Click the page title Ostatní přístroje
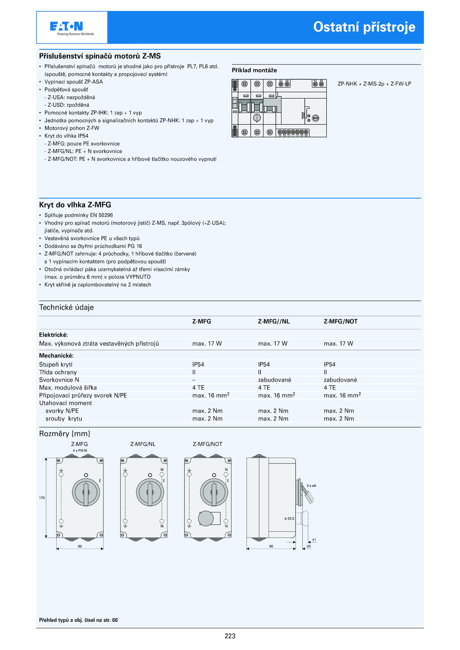click(x=364, y=27)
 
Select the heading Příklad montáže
click(x=254, y=70)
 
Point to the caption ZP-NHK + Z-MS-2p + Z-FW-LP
click(x=374, y=84)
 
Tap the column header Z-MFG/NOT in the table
click(x=340, y=321)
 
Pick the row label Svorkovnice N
click(x=59, y=380)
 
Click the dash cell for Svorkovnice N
click(x=194, y=380)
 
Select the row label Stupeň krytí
click(x=56, y=364)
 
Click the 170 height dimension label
click(x=42, y=498)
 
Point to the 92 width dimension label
click(x=80, y=546)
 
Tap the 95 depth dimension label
click(x=271, y=546)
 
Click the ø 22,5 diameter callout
click(x=289, y=518)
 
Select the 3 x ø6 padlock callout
click(x=311, y=486)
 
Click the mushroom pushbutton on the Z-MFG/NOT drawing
click(x=206, y=518)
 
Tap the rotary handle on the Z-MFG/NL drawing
click(x=150, y=492)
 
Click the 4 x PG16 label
click(x=80, y=450)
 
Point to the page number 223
click(x=230, y=636)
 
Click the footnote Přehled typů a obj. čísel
click(x=78, y=620)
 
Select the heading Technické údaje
click(x=66, y=307)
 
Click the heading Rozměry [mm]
click(x=65, y=434)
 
